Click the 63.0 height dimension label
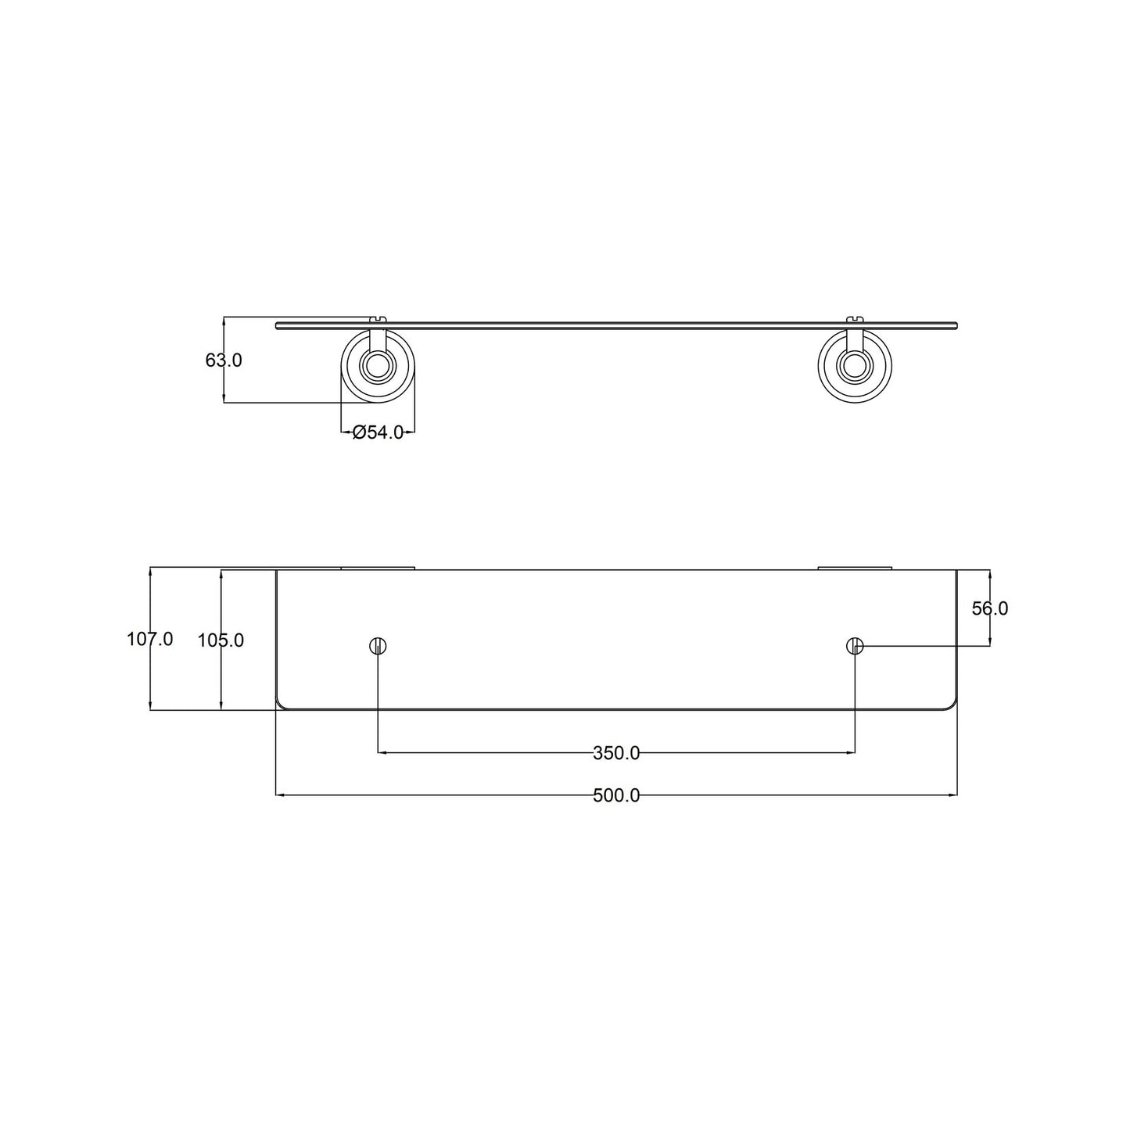click(x=224, y=361)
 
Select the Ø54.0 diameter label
click(x=378, y=432)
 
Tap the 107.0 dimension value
click(x=149, y=640)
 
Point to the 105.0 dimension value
click(x=221, y=640)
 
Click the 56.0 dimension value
click(x=990, y=608)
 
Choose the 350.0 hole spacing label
click(x=616, y=753)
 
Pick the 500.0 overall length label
click(x=616, y=796)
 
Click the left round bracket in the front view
click(x=378, y=366)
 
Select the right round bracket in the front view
click(x=855, y=366)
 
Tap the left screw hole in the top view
click(x=378, y=646)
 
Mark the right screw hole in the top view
click(x=855, y=646)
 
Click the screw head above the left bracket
click(x=378, y=317)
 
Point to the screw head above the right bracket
click(x=855, y=317)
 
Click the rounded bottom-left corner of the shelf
click(x=282, y=705)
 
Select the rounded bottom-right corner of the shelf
click(x=952, y=705)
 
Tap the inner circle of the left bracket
click(x=378, y=364)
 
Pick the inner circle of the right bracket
click(x=855, y=364)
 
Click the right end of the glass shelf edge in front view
click(x=954, y=325)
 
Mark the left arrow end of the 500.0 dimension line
click(x=278, y=796)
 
